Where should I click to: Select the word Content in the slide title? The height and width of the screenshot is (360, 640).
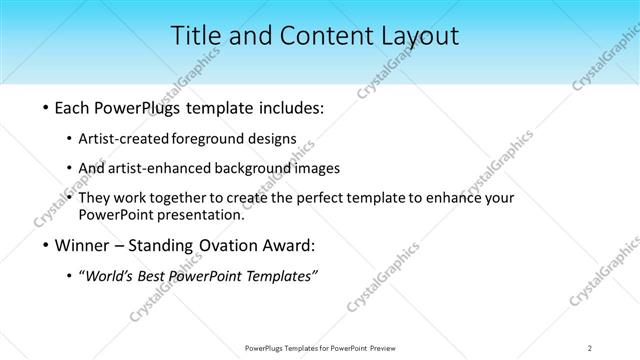click(310, 36)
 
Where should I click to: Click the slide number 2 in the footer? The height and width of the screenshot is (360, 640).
click(590, 347)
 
